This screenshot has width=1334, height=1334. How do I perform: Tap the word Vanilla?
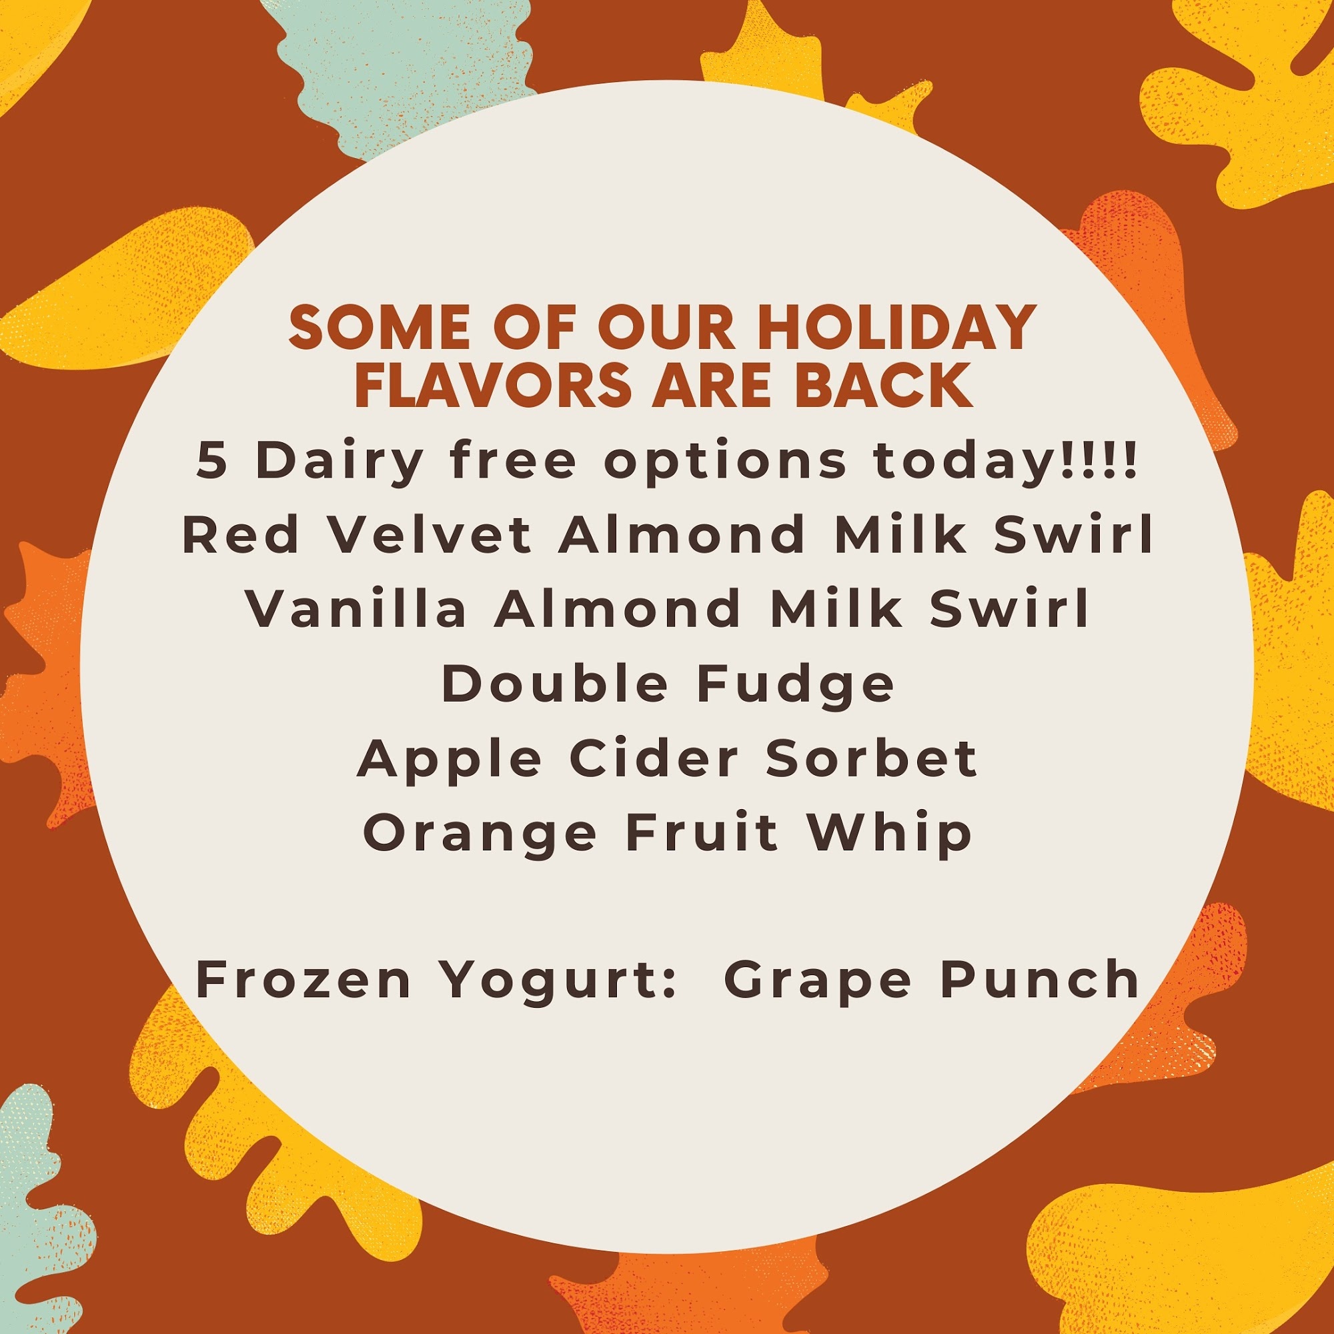click(356, 609)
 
